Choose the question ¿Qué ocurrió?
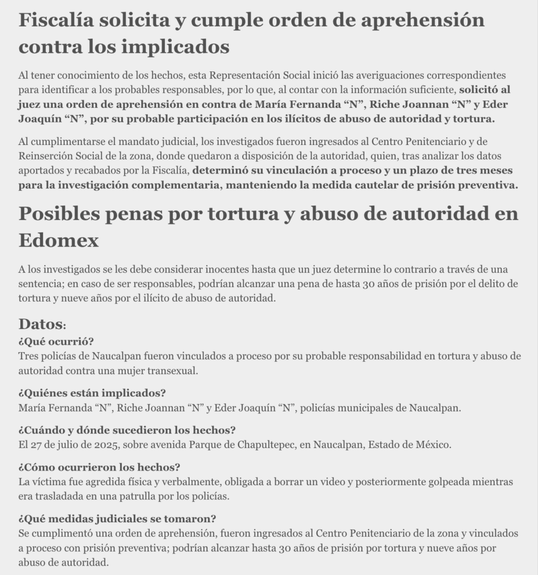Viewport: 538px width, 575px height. [x=56, y=342]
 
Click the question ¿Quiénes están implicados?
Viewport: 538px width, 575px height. [x=92, y=393]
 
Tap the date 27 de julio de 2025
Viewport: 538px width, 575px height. [x=69, y=445]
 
